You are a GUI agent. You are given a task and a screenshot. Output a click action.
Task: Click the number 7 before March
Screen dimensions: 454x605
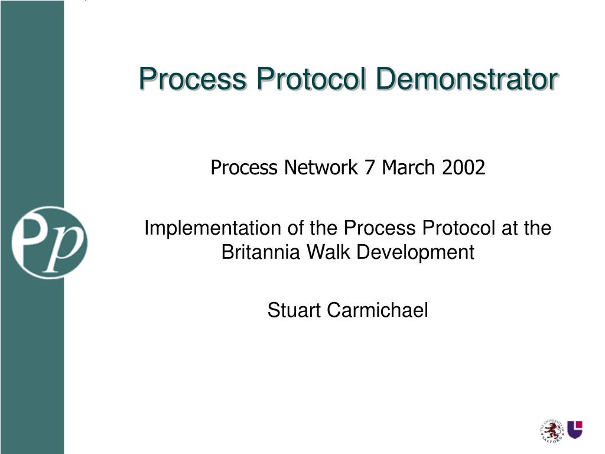pos(370,168)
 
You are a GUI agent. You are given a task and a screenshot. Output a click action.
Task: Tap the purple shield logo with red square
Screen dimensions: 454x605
pos(575,429)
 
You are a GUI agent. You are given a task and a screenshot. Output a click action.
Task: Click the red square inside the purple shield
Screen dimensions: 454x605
pos(578,424)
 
